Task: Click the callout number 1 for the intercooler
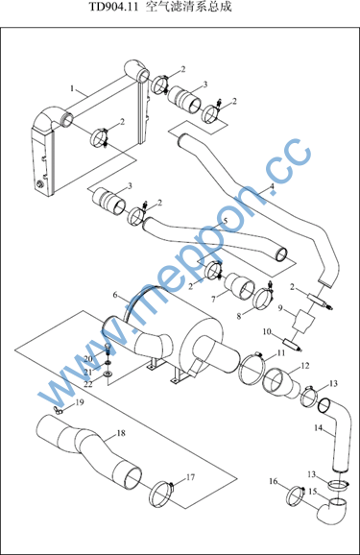point(72,88)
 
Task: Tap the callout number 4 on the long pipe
point(272,186)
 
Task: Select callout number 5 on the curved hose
point(226,221)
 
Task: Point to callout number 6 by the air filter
point(115,295)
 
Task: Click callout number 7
point(213,300)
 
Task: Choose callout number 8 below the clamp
point(239,316)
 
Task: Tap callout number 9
point(280,308)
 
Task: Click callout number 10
point(267,331)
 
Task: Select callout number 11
point(281,352)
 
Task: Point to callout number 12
point(305,365)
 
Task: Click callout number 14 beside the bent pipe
point(318,428)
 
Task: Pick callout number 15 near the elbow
point(313,492)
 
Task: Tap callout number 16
point(274,481)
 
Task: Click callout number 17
point(190,477)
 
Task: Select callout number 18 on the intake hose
point(121,433)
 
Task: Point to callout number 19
point(80,402)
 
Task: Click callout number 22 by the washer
point(87,384)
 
